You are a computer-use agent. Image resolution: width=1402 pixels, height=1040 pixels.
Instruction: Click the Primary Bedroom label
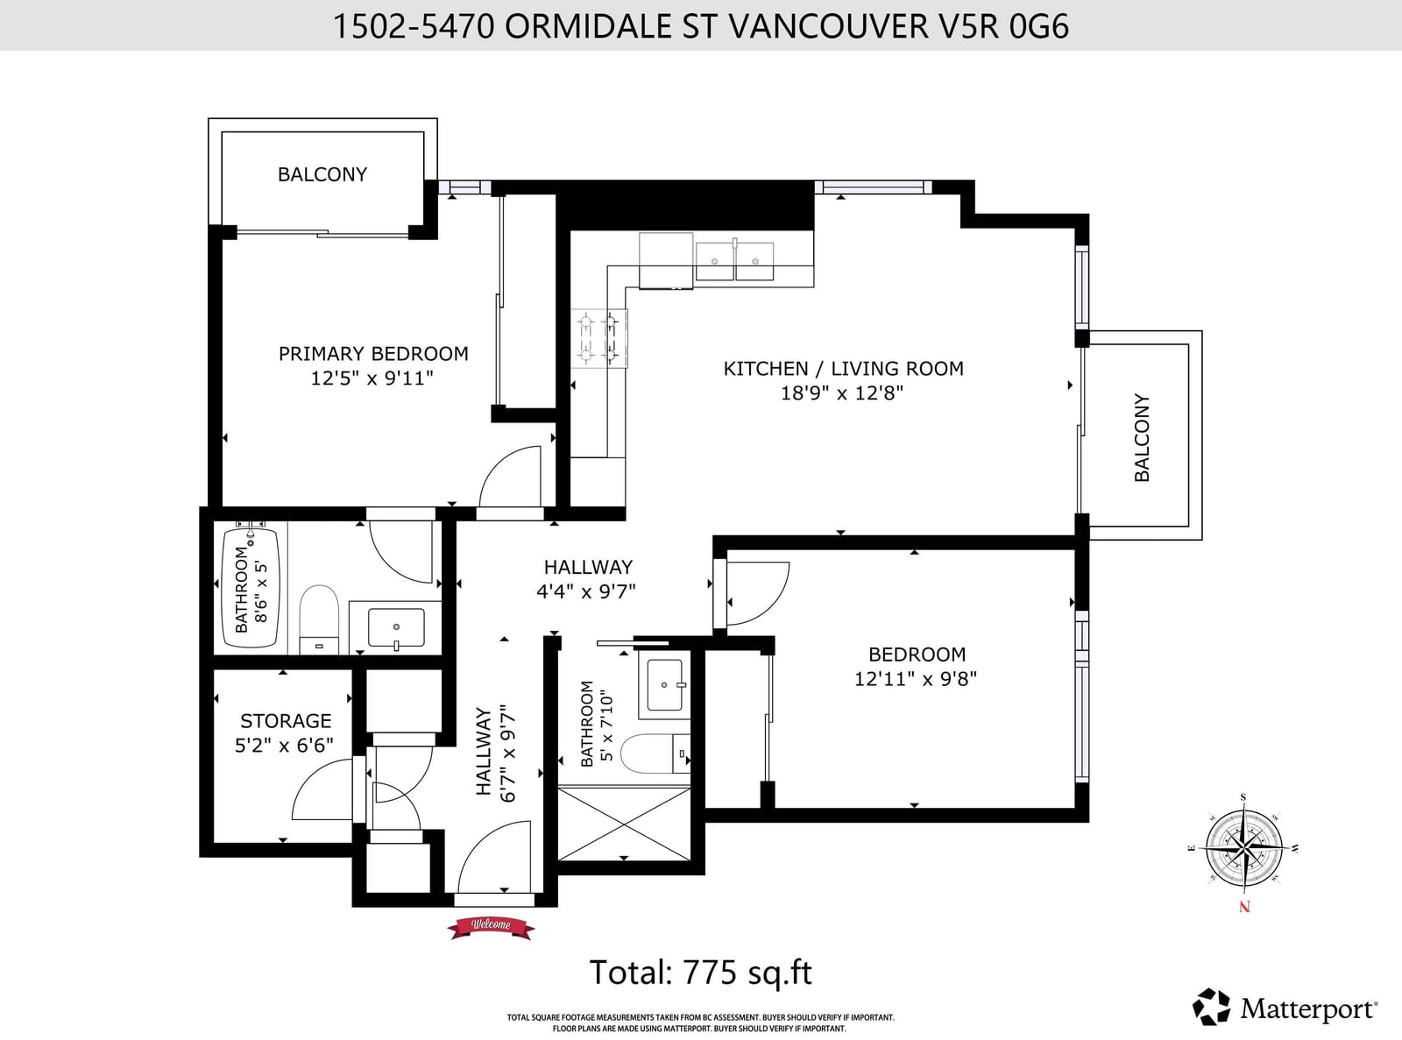373,353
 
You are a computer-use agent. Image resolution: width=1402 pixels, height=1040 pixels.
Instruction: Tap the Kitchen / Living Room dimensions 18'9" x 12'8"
842,393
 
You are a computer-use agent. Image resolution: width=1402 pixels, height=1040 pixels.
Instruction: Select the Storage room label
286,721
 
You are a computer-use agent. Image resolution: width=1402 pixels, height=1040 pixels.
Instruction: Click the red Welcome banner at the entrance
492,926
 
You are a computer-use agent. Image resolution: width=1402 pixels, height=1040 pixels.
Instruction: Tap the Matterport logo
1285,1007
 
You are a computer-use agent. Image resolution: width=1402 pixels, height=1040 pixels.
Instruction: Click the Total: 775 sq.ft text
700,972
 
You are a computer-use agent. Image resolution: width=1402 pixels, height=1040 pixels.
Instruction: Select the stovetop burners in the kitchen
599,338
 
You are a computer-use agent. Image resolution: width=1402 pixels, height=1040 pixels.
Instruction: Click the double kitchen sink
734,261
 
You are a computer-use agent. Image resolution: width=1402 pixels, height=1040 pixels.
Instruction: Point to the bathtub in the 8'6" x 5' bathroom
251,587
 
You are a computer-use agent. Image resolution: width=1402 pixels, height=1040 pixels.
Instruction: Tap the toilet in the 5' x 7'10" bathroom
655,753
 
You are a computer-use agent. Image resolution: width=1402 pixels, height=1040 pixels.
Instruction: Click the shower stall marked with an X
625,824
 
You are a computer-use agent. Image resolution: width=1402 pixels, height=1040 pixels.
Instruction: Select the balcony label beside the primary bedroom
322,174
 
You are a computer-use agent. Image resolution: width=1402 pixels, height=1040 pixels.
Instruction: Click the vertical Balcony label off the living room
1142,437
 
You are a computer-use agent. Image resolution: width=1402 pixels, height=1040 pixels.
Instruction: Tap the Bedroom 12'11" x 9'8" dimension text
916,679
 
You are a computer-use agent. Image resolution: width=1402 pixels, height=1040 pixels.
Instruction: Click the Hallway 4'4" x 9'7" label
586,579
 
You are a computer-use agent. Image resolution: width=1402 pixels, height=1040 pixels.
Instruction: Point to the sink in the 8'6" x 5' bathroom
396,628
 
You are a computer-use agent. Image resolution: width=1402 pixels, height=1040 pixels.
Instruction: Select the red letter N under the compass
1244,907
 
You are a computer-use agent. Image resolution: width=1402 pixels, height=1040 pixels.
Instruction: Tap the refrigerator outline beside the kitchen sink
666,260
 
